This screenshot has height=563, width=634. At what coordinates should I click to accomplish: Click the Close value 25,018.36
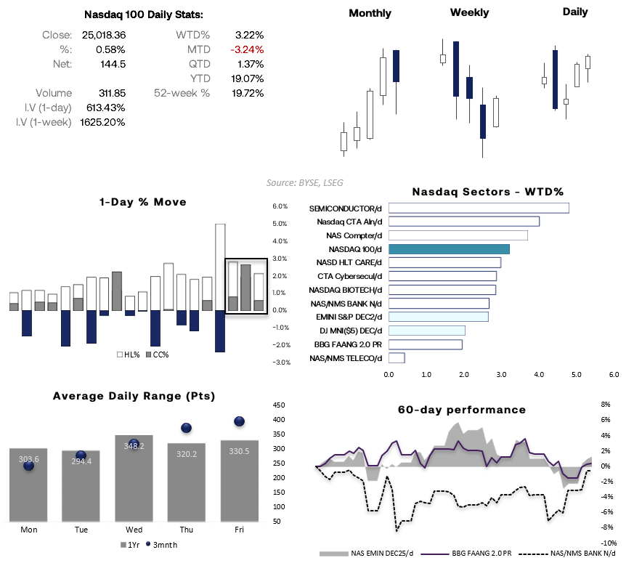tap(105, 35)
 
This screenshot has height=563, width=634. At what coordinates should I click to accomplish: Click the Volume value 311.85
tap(112, 93)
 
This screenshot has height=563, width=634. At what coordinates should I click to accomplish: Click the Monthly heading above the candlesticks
tap(370, 13)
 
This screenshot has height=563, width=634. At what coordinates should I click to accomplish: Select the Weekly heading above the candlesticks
tap(469, 12)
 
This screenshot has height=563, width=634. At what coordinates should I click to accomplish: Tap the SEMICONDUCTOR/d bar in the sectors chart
tap(479, 208)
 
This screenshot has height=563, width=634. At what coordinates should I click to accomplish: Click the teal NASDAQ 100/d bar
tap(449, 248)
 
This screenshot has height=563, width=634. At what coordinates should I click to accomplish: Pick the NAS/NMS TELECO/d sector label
tap(346, 358)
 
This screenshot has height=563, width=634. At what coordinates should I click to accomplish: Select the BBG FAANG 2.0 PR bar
tap(425, 344)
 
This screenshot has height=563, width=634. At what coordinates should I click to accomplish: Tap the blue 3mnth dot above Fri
tap(239, 421)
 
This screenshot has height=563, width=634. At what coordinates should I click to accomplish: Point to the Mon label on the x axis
tap(29, 530)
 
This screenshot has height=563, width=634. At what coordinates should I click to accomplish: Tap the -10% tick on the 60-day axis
tap(609, 543)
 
